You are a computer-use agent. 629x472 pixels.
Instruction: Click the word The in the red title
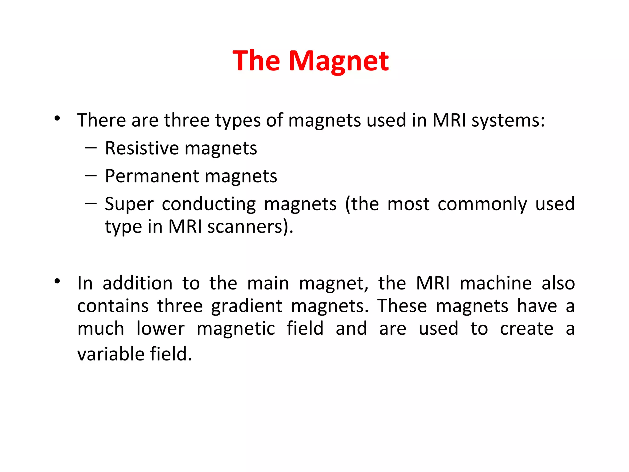click(x=256, y=61)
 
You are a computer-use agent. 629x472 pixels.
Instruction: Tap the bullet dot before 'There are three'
click(x=57, y=118)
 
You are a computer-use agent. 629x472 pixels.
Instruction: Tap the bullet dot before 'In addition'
click(x=57, y=281)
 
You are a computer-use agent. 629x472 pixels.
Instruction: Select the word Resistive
click(x=142, y=148)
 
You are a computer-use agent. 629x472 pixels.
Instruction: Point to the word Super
click(x=129, y=204)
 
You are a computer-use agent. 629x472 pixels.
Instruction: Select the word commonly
click(x=482, y=204)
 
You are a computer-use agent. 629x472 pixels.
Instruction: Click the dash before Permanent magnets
click(x=91, y=176)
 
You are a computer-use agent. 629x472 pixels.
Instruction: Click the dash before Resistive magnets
click(x=91, y=148)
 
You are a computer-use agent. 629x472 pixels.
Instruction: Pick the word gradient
click(x=247, y=306)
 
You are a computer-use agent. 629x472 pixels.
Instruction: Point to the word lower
click(x=160, y=329)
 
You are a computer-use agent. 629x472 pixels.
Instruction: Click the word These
click(x=402, y=306)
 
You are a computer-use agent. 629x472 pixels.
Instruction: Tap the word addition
click(x=138, y=283)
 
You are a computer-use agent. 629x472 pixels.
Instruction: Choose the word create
click(x=527, y=329)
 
